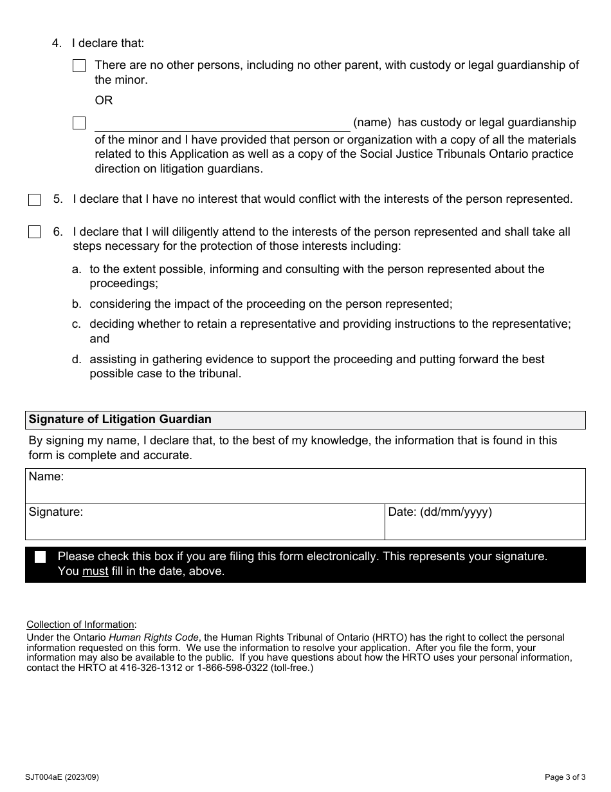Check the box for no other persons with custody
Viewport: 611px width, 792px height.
point(79,66)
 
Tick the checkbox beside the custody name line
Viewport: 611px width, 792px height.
point(79,123)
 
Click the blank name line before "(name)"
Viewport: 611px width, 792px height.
point(222,124)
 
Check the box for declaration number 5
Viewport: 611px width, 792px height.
point(34,200)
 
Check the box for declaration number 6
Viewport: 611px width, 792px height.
point(34,232)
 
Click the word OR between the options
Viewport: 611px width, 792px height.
point(104,100)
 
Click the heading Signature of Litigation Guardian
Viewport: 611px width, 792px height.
point(120,419)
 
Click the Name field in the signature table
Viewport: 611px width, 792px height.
point(305,486)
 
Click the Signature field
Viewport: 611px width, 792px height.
point(205,522)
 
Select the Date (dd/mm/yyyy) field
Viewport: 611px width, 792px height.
point(485,522)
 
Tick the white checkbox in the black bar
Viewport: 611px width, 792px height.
point(41,558)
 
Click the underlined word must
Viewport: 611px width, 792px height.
point(95,571)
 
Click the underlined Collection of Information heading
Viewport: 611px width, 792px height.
point(81,625)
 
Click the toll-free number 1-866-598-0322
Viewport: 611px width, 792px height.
point(225,668)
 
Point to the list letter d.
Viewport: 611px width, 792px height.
point(76,359)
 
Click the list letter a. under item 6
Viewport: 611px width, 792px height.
point(76,269)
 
